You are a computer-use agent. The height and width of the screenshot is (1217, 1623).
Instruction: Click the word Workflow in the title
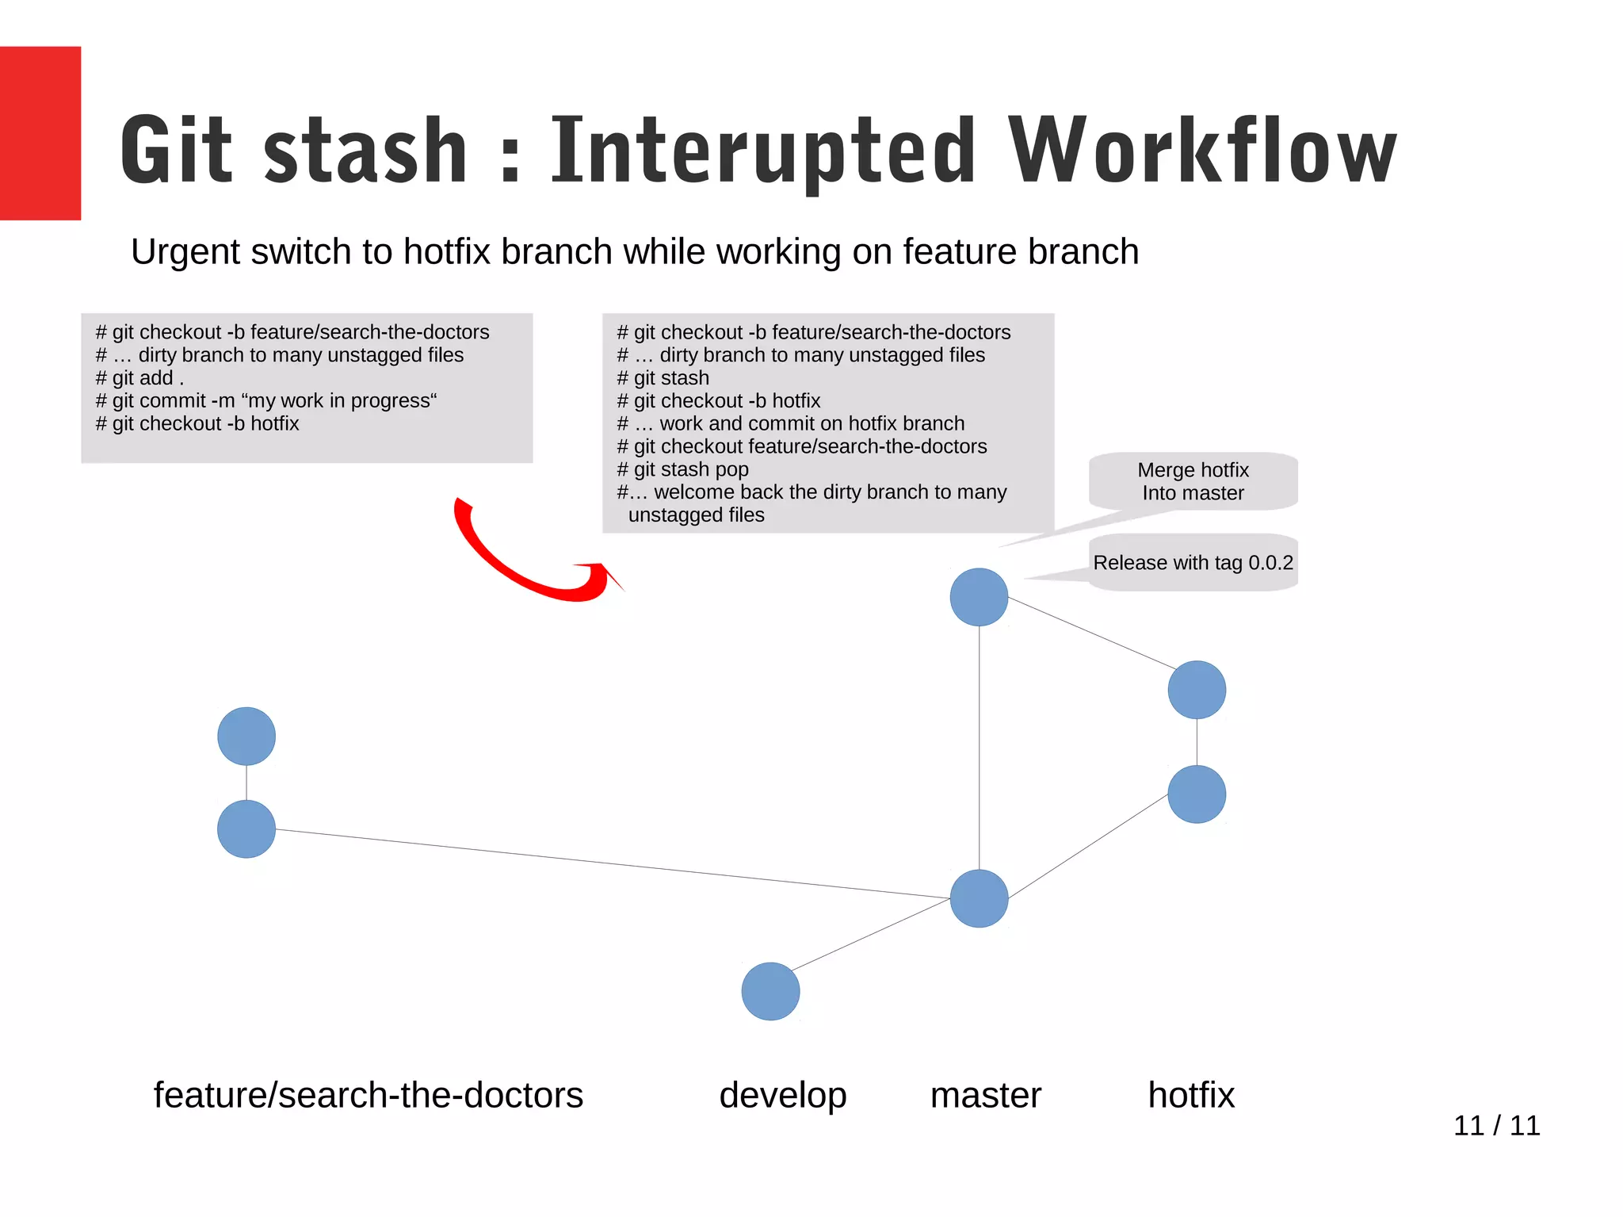(1201, 151)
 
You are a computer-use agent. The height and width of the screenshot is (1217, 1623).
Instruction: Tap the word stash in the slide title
(365, 151)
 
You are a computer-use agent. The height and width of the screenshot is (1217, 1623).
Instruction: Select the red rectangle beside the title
(40, 132)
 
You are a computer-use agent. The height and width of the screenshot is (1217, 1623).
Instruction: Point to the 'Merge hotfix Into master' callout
(1193, 481)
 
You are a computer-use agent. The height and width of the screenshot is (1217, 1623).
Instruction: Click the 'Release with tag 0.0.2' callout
(1193, 563)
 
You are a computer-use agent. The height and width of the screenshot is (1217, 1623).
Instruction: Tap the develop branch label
(782, 1095)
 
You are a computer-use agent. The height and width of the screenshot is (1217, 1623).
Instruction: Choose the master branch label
(985, 1095)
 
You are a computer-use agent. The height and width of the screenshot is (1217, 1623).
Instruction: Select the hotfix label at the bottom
(1191, 1095)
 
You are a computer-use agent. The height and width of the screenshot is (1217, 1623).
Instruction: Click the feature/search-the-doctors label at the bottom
(368, 1095)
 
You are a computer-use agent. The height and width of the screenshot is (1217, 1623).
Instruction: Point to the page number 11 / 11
(1496, 1125)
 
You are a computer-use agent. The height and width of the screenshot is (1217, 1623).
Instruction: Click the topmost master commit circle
(979, 597)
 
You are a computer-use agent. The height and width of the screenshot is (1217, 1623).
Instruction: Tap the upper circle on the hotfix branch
(1197, 690)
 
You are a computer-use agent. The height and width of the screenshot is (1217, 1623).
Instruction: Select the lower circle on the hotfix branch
(1197, 794)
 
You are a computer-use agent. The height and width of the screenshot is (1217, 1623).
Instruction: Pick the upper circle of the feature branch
(246, 736)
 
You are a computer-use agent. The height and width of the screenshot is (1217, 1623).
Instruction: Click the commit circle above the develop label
(770, 991)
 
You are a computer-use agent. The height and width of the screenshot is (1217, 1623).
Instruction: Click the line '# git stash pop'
(682, 469)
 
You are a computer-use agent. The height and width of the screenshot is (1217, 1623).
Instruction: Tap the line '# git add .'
(139, 378)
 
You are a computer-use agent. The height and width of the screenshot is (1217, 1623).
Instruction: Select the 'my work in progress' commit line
(266, 401)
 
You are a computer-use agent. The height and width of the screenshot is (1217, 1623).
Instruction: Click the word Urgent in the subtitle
(185, 252)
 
